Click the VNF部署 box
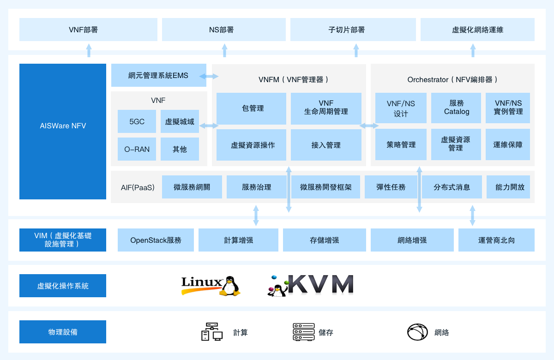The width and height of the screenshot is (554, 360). pos(88,30)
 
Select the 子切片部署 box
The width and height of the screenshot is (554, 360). pos(353,30)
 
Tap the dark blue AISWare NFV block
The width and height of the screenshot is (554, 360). pos(63,131)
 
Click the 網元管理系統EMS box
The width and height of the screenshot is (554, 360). pos(158,75)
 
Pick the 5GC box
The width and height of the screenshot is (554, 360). pos(137,121)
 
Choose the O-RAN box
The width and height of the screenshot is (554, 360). pos(137,149)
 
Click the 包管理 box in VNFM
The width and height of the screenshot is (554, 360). pos(251,108)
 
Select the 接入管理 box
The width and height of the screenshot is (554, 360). pos(326,145)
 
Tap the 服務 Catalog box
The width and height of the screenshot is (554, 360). pos(456,108)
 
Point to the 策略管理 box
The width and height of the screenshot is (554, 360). pos(401,144)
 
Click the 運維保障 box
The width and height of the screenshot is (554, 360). pos(508,144)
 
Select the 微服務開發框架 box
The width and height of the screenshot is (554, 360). pos(326,187)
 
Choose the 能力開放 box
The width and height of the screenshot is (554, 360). pos(508,187)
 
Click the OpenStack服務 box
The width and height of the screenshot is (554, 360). pos(156,240)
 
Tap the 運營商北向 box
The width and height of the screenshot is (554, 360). pos(496,240)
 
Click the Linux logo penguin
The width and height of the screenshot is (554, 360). pos(230,286)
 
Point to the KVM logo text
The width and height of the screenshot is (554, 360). pos(321,284)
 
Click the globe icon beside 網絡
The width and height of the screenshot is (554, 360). pos(417,332)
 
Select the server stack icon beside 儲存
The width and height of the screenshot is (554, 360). pos(304,332)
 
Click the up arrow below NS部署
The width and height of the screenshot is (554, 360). pos(224,50)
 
